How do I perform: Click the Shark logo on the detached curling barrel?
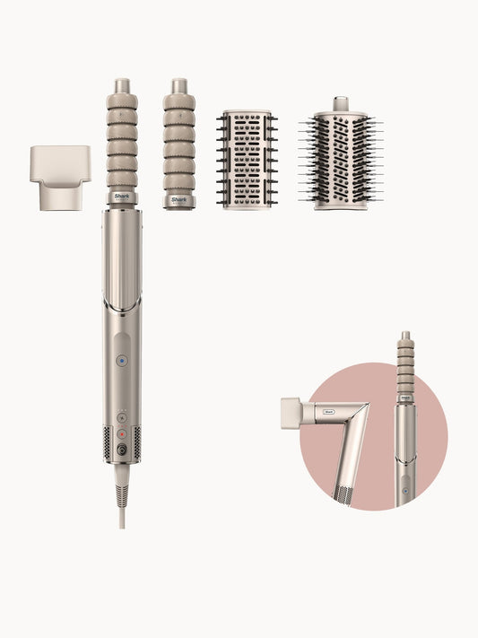pyautogui.click(x=179, y=197)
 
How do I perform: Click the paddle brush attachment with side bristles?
pyautogui.click(x=247, y=159)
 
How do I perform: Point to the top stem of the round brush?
pyautogui.click(x=340, y=103)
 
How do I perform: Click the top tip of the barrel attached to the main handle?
pyautogui.click(x=121, y=85)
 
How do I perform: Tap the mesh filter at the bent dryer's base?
pyautogui.click(x=343, y=493)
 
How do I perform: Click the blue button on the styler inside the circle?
pyautogui.click(x=405, y=491)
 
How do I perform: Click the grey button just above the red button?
pyautogui.click(x=121, y=417)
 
